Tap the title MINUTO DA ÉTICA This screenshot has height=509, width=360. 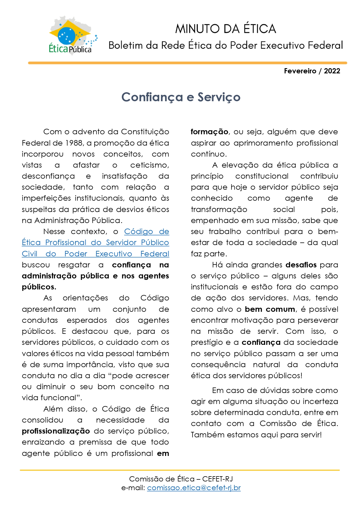click(x=225, y=29)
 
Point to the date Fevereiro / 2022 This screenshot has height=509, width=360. click(x=312, y=71)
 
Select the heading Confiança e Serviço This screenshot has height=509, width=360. click(x=181, y=97)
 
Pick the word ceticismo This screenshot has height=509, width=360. click(x=149, y=165)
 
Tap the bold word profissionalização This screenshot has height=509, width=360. click(x=56, y=431)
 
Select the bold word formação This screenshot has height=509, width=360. click(x=209, y=132)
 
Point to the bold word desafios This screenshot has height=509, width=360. click(x=301, y=265)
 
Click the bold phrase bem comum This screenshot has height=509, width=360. click(x=270, y=309)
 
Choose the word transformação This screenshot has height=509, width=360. click(x=219, y=209)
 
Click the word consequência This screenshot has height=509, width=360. click(x=218, y=365)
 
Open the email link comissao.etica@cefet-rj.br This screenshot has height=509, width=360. click(x=194, y=488)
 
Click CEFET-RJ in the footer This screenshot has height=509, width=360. click(x=217, y=479)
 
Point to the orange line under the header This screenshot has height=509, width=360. click(x=187, y=63)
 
